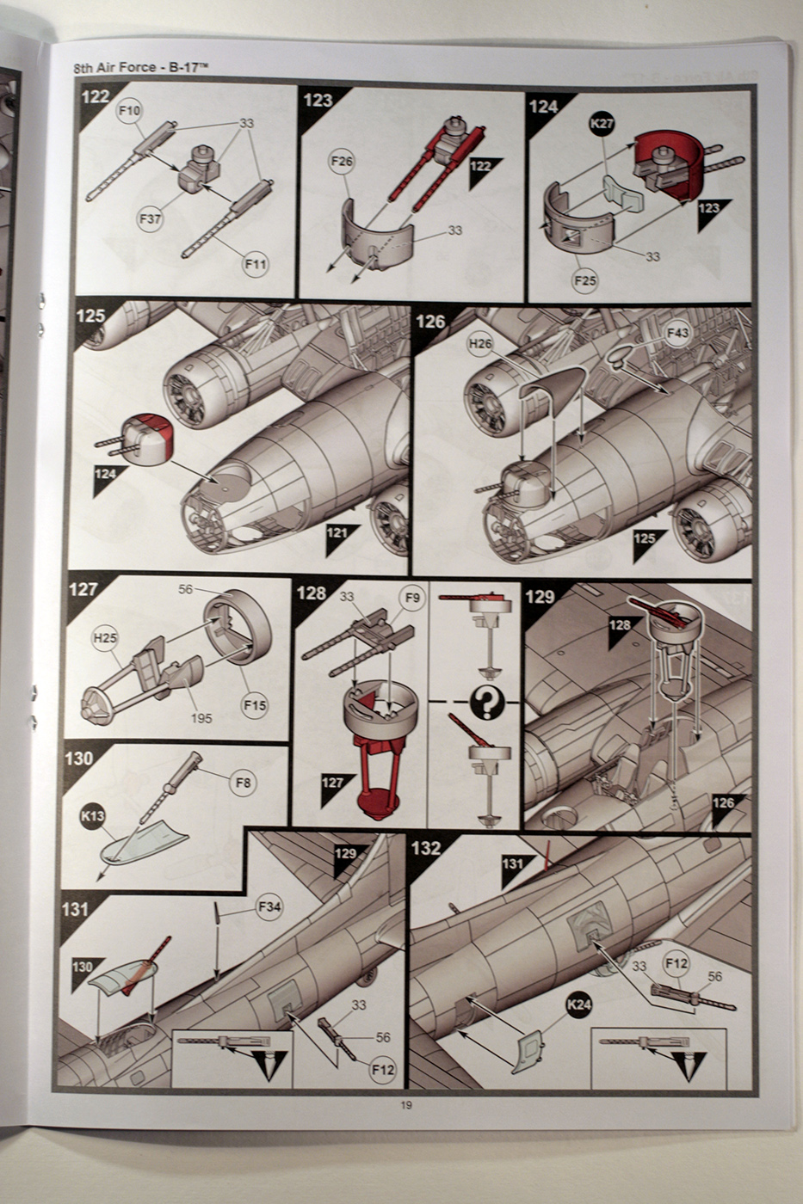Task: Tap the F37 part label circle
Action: (150, 218)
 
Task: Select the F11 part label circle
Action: (255, 265)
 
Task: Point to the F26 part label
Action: (343, 161)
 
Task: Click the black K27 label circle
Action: (602, 124)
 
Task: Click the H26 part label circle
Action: (480, 344)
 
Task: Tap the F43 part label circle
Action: (676, 333)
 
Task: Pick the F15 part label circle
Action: (255, 705)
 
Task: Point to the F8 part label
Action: (244, 783)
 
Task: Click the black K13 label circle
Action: (93, 817)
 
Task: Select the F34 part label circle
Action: (269, 905)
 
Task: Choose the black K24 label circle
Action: (579, 1004)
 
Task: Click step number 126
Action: (430, 321)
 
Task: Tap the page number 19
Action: (405, 1105)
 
